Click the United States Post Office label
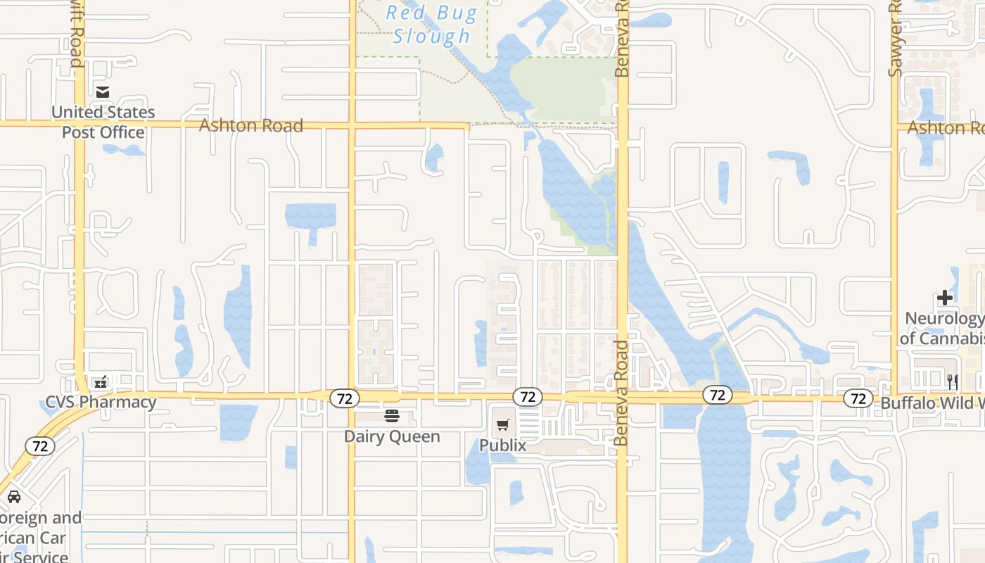(103, 122)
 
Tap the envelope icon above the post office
(103, 91)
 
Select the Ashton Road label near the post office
(251, 125)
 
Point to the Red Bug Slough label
(431, 25)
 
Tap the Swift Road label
(77, 35)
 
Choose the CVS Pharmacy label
(101, 403)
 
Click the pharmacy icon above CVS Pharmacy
(101, 382)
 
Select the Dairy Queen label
(392, 436)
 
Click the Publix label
(502, 445)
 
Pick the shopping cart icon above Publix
(502, 424)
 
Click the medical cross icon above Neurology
(945, 298)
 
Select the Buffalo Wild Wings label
(932, 403)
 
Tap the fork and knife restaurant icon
(953, 382)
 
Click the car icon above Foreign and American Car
(14, 497)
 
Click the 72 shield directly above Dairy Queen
(344, 398)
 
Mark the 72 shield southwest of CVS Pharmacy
(40, 445)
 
